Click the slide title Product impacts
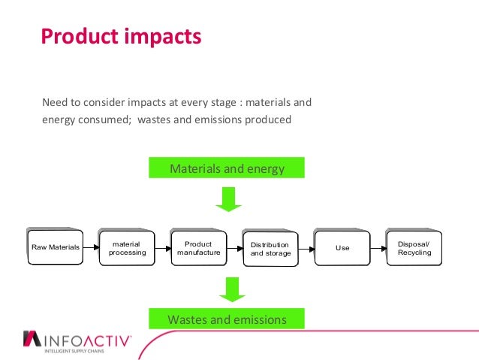click(x=121, y=36)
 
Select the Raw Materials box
click(x=53, y=247)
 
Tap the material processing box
click(x=126, y=248)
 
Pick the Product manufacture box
click(x=198, y=248)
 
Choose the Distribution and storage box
click(x=270, y=249)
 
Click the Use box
click(x=342, y=248)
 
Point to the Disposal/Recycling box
click(x=414, y=248)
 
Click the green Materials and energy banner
click(x=227, y=168)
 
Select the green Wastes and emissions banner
click(x=227, y=319)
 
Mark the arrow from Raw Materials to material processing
click(x=90, y=247)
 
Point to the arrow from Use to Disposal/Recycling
click(x=378, y=247)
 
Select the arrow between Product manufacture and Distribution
click(x=233, y=247)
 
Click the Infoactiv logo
click(x=78, y=341)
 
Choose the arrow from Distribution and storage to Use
click(x=306, y=247)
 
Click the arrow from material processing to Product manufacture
click(x=162, y=247)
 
